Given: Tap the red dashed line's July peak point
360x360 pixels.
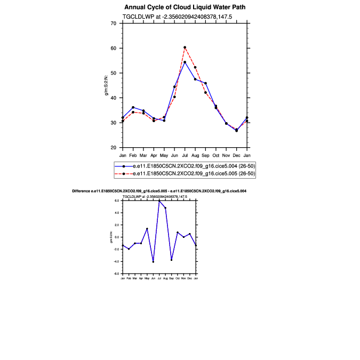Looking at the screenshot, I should click(x=185, y=47).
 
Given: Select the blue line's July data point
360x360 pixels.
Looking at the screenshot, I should click(x=185, y=62).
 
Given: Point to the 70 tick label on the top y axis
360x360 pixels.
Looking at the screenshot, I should click(x=113, y=23).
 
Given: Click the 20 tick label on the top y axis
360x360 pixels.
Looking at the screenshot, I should click(x=113, y=148).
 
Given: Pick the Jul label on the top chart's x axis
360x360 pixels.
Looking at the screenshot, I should click(x=185, y=155).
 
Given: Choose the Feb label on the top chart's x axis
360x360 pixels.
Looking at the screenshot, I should click(x=133, y=155).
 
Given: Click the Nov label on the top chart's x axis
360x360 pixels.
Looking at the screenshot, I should click(x=226, y=155).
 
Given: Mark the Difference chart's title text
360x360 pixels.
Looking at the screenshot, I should click(x=159, y=190).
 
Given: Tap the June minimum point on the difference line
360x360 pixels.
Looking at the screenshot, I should click(x=153, y=262).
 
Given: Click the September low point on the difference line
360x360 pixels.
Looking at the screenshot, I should click(x=171, y=260).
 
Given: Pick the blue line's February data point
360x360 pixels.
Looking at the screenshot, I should click(x=133, y=108).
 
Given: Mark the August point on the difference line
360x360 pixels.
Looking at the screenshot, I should click(x=165, y=208).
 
